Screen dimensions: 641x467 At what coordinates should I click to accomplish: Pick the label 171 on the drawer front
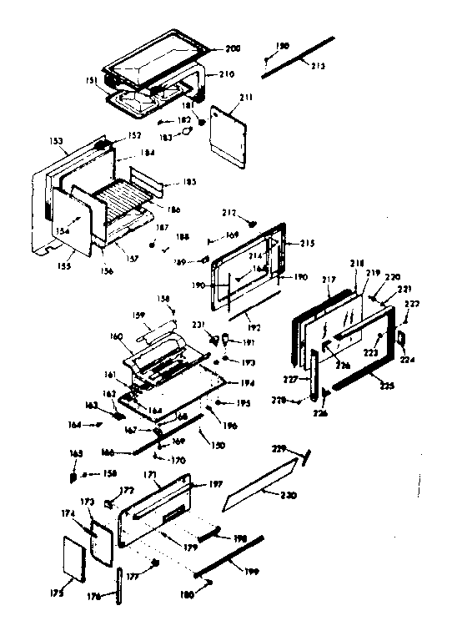pyautogui.click(x=152, y=474)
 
